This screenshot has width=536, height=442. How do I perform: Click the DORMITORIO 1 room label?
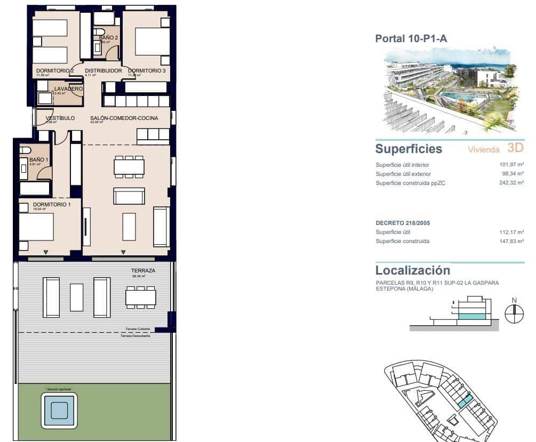(x=51, y=204)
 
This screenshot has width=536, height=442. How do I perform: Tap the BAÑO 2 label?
(x=108, y=37)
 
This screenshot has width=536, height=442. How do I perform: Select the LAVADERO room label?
(x=68, y=89)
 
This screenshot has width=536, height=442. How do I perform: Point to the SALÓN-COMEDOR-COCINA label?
(x=124, y=118)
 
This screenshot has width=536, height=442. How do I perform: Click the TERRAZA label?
(x=143, y=271)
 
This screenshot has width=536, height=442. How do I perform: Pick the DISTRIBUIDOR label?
(x=103, y=70)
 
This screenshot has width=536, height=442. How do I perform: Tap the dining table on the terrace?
(x=141, y=297)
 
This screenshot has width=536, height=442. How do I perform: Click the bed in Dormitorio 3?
(x=146, y=41)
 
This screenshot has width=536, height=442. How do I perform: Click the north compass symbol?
(x=514, y=314)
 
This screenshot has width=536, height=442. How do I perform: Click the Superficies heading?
(x=409, y=149)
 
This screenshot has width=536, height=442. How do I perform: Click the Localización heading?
(x=412, y=270)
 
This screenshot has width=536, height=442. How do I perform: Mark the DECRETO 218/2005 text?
(x=403, y=223)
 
